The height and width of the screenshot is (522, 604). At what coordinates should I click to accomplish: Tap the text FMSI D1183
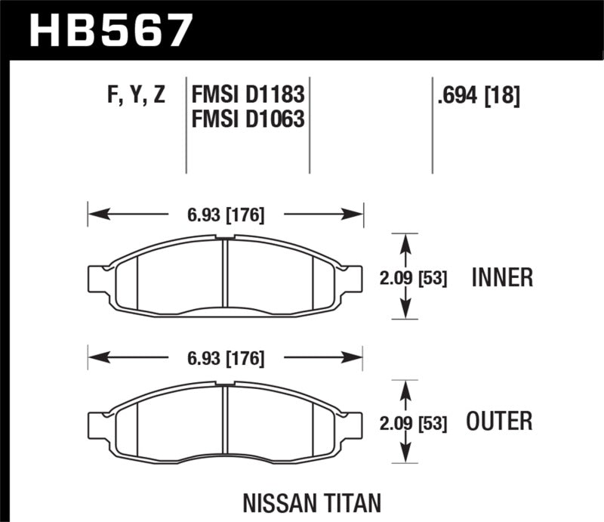[248, 96]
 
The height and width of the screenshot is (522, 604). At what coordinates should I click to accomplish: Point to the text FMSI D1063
[248, 119]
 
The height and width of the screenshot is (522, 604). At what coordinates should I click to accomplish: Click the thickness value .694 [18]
[478, 96]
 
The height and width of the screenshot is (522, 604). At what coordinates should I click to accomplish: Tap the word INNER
[502, 278]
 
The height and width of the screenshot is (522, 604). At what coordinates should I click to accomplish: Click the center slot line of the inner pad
[226, 275]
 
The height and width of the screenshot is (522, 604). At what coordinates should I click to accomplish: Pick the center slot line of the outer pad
[226, 420]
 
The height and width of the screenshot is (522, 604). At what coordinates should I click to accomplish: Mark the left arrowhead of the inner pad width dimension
[94, 215]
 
